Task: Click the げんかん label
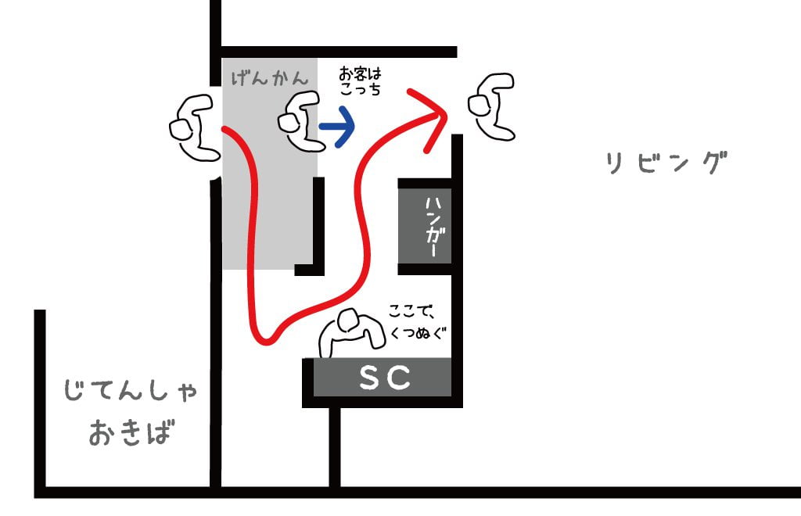pyautogui.click(x=269, y=78)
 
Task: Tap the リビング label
pyautogui.click(x=666, y=163)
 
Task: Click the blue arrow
pyautogui.click(x=337, y=125)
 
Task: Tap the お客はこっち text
pyautogui.click(x=360, y=81)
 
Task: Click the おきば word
pyautogui.click(x=129, y=432)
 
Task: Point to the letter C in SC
pyautogui.click(x=399, y=378)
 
